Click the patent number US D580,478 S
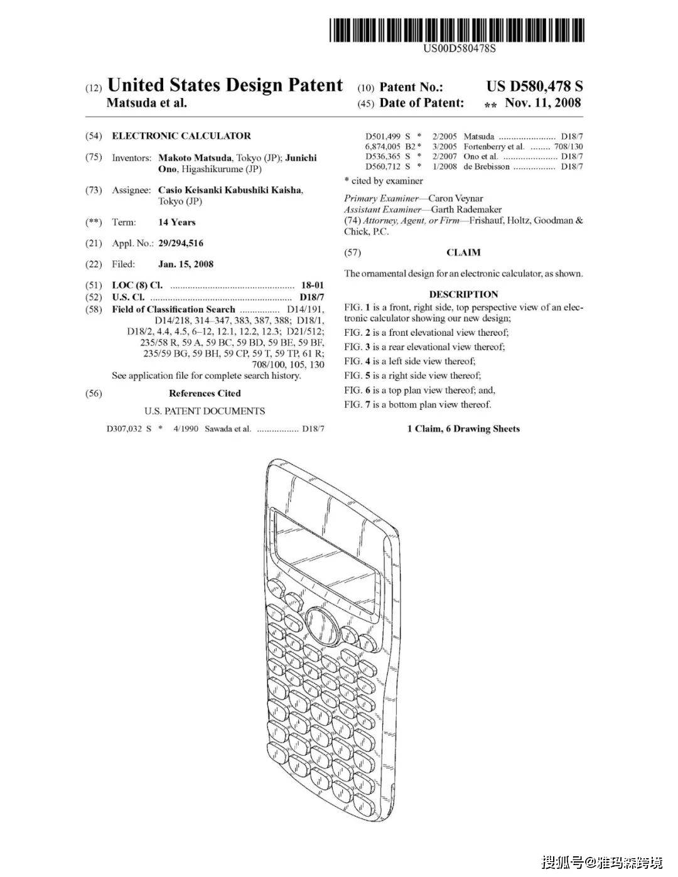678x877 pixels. pos(534,87)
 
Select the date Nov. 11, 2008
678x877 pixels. pos(543,103)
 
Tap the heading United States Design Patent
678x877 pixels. pos(225,85)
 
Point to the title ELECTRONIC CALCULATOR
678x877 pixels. pos(181,136)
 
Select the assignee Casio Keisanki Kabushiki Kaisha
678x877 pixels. pos(230,190)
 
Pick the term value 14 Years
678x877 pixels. pos(176,222)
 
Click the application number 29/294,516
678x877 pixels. pos(181,243)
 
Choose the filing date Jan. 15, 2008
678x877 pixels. pos(186,264)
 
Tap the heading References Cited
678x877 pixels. pos(205,394)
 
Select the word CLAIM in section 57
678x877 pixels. pos(463,252)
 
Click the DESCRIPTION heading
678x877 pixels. pos(463,294)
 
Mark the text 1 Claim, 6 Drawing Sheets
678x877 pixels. pos(463,429)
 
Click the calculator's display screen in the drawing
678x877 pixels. pos(323,552)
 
